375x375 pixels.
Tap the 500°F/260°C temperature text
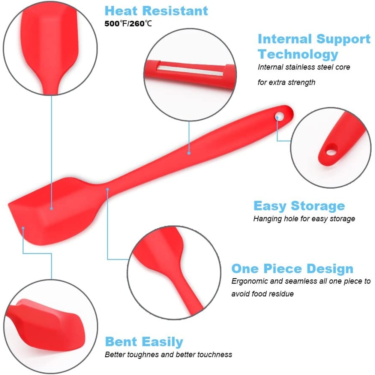[x=129, y=24]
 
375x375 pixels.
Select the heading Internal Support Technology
[x=314, y=46]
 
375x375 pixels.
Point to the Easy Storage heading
[x=299, y=206]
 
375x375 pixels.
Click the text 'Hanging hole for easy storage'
[x=304, y=219]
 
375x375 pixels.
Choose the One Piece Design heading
[x=292, y=268]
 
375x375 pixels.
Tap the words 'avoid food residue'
[x=262, y=294]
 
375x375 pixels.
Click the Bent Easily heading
[x=144, y=342]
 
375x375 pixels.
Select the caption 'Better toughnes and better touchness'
[x=168, y=354]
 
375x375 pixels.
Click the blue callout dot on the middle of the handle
[x=189, y=153]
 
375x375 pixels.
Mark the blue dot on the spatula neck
[x=107, y=189]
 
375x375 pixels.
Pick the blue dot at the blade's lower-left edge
[x=23, y=228]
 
